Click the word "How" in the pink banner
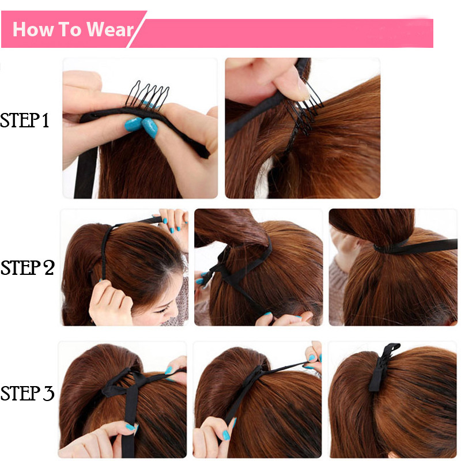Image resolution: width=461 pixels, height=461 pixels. [32, 29]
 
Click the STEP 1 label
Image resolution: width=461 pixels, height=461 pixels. [25, 120]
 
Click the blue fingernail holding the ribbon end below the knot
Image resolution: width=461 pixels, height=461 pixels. [267, 315]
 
